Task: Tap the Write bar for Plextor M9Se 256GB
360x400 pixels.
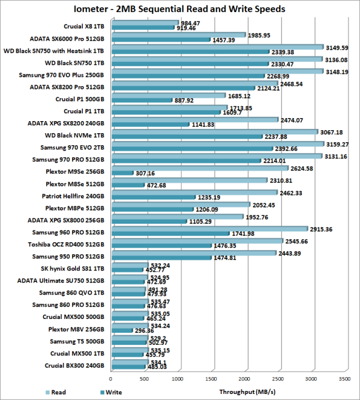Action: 122,173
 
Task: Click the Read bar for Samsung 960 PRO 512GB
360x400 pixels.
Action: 209,229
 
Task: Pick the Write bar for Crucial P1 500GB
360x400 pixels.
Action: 142,100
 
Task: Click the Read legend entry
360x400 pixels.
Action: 55,392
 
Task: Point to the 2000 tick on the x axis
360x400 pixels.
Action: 244,379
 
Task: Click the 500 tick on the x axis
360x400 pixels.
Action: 144,379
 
